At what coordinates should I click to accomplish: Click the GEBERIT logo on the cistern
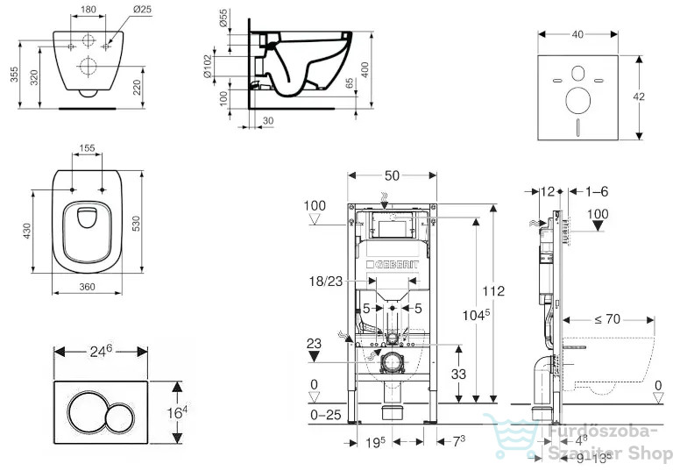click(x=392, y=264)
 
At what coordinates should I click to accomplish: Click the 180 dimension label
click(x=89, y=9)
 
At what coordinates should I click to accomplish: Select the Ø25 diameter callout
click(x=141, y=9)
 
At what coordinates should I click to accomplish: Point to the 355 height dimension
click(x=15, y=75)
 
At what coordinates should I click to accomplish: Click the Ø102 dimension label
click(x=208, y=66)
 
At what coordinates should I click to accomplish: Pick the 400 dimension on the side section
click(x=365, y=69)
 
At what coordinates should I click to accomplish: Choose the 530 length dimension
click(x=136, y=223)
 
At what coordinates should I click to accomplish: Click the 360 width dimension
click(x=87, y=287)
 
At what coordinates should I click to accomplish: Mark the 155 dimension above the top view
click(x=87, y=148)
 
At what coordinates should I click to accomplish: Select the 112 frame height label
click(x=493, y=290)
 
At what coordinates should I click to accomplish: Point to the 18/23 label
click(x=326, y=282)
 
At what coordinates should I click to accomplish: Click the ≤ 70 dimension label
click(x=607, y=319)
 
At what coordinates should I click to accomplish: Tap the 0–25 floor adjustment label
click(x=326, y=415)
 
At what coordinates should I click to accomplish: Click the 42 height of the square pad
click(x=639, y=96)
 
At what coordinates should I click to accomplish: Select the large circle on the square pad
click(x=578, y=100)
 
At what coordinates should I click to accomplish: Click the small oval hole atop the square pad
click(x=578, y=74)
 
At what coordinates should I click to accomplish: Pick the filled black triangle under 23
click(x=314, y=357)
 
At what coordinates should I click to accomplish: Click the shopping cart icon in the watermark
click(x=511, y=435)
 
